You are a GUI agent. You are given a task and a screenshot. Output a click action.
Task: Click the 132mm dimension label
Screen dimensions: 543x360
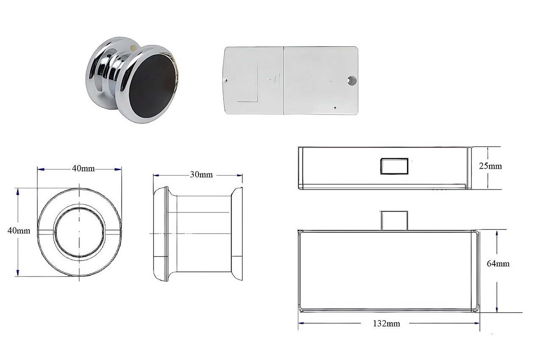tap(386, 324)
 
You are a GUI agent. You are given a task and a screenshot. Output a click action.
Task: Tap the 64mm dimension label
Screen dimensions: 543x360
tap(498, 264)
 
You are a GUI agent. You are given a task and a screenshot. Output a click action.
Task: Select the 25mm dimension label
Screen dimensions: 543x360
tap(490, 166)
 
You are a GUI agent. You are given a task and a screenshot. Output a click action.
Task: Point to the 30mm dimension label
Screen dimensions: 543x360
tap(201, 175)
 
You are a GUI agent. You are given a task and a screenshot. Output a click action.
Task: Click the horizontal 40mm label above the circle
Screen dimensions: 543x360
tap(83, 169)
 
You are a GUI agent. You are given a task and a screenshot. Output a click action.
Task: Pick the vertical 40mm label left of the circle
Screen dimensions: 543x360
tap(19, 231)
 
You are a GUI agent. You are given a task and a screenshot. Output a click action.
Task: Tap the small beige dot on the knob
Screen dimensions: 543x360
tap(133, 47)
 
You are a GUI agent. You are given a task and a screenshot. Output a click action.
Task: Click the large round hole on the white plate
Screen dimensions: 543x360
tap(352, 81)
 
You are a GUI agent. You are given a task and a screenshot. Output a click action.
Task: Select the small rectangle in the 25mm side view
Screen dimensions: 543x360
tap(394, 166)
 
